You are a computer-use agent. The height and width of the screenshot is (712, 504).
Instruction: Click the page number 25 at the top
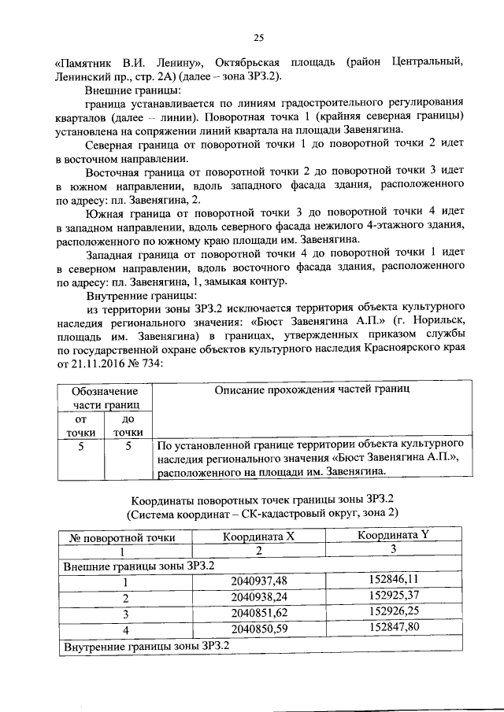258,37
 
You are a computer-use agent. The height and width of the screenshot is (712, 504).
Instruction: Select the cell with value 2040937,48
259,581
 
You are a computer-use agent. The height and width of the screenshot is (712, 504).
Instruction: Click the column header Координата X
258,537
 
